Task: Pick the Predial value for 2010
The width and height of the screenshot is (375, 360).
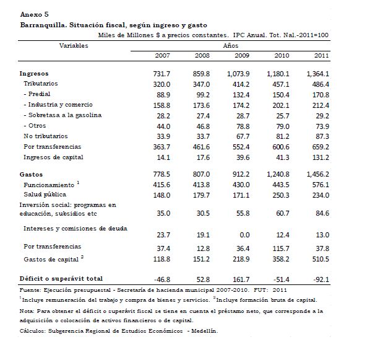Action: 285,94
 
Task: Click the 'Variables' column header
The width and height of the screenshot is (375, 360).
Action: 74,46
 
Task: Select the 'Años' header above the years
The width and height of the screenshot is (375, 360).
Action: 230,46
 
